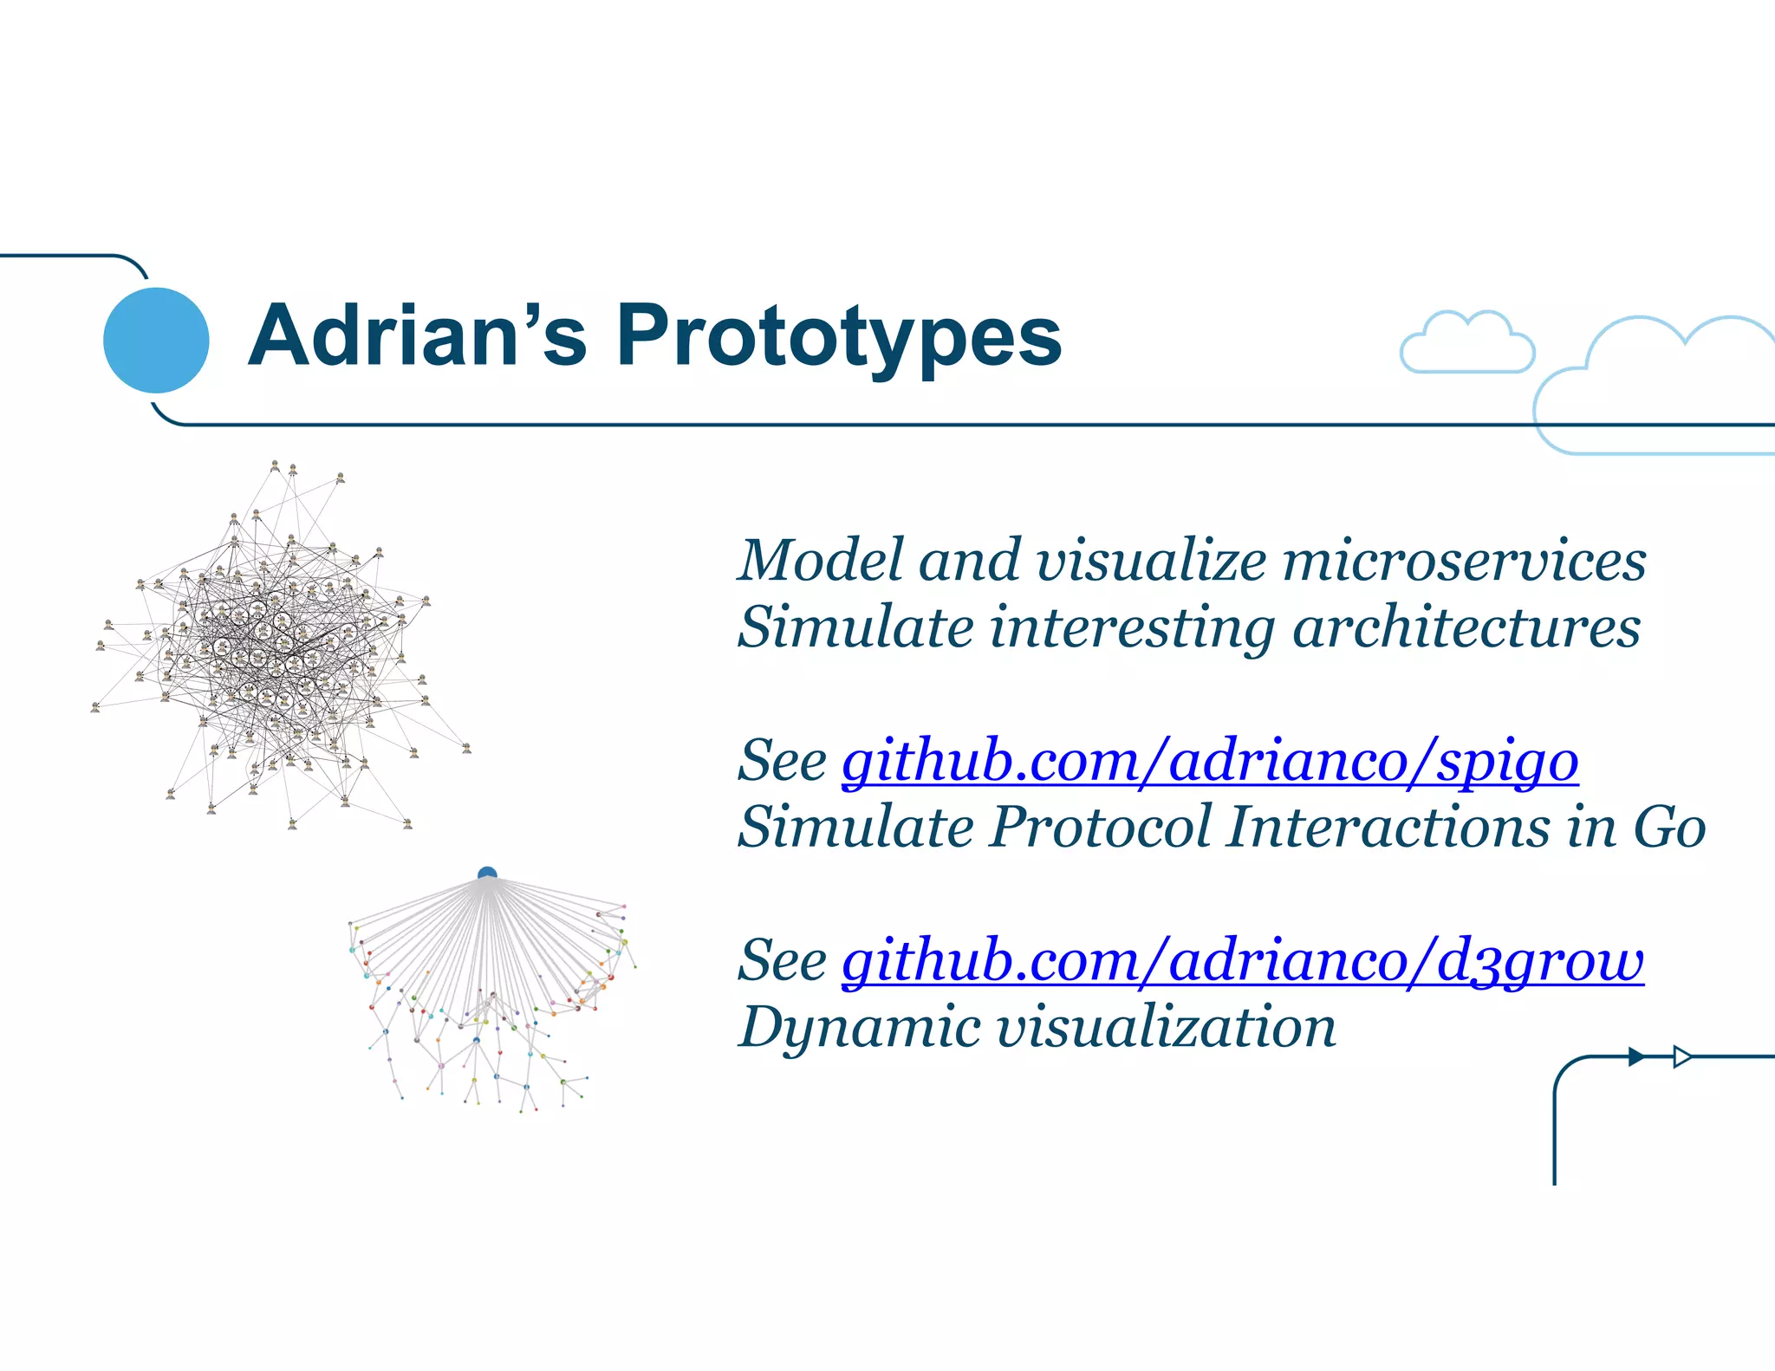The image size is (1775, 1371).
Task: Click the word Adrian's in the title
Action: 418,336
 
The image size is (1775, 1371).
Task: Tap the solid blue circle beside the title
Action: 156,340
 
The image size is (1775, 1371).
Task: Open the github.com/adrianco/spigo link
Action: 1209,763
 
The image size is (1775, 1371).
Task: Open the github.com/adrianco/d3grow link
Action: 1242,962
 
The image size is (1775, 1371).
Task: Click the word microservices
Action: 1464,562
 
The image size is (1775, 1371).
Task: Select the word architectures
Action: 1466,628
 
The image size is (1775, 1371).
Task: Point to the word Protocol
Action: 1100,827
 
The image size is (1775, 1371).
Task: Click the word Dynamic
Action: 859,1028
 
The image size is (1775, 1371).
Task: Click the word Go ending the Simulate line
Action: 1668,827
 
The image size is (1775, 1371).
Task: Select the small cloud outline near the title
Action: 1466,344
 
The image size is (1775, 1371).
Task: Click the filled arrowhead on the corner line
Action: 1635,1056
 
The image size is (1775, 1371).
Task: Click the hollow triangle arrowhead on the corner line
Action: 1681,1056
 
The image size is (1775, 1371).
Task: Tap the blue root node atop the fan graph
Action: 487,874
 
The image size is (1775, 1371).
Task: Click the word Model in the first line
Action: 820,562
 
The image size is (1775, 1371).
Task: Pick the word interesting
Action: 1132,628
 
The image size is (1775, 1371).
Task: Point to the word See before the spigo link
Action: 782,763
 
